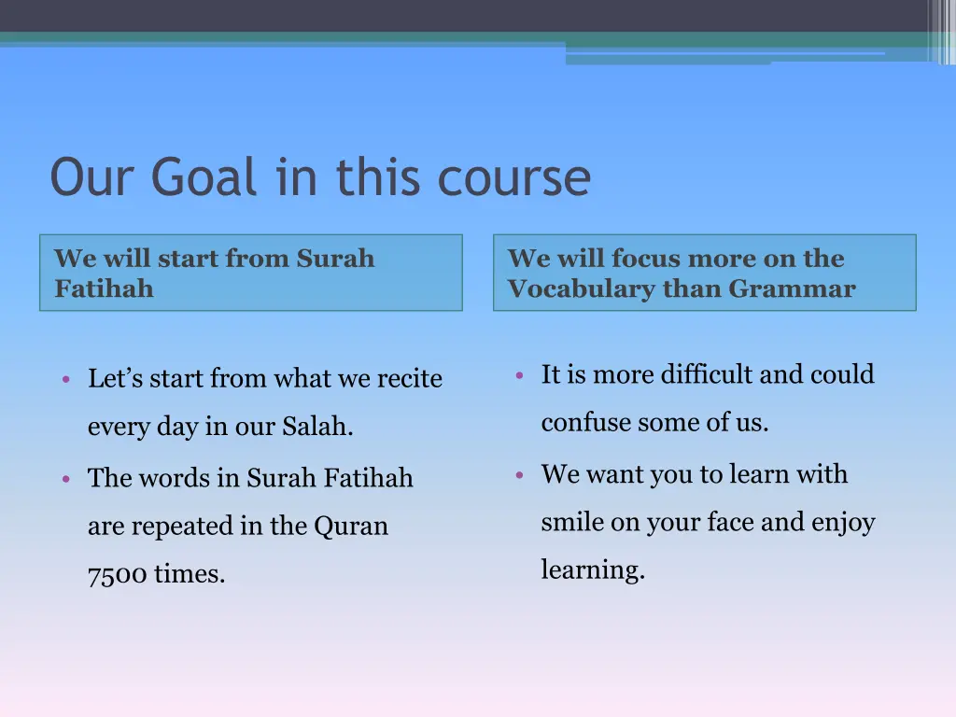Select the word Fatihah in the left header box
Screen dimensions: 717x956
[x=104, y=288]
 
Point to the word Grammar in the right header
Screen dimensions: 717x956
[x=792, y=288]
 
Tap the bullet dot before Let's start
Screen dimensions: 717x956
[x=66, y=379]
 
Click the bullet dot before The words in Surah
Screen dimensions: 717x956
[x=66, y=478]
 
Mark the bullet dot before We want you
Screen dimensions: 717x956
[x=520, y=474]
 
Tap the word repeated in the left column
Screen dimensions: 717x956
[x=183, y=527]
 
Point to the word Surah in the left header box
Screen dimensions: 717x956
[x=335, y=259]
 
